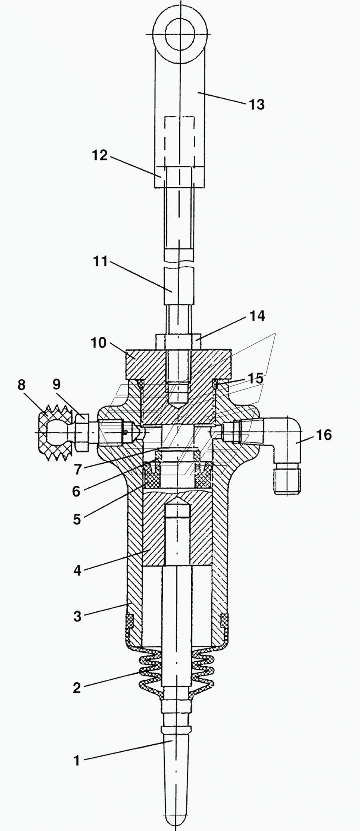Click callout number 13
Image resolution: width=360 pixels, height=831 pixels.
click(257, 104)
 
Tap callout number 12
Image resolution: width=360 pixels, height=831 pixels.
click(100, 155)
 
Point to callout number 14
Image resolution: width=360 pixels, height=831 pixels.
click(257, 316)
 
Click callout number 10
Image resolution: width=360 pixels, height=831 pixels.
click(98, 343)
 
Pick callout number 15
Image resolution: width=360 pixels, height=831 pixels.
click(255, 378)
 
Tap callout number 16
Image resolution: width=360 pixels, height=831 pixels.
click(324, 435)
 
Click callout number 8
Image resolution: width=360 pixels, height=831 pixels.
click(21, 385)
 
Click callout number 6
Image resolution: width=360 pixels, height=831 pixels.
click(76, 491)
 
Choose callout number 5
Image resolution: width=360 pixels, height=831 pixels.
click(77, 519)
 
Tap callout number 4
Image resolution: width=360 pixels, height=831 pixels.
click(77, 571)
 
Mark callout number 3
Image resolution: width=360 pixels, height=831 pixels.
click(77, 616)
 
